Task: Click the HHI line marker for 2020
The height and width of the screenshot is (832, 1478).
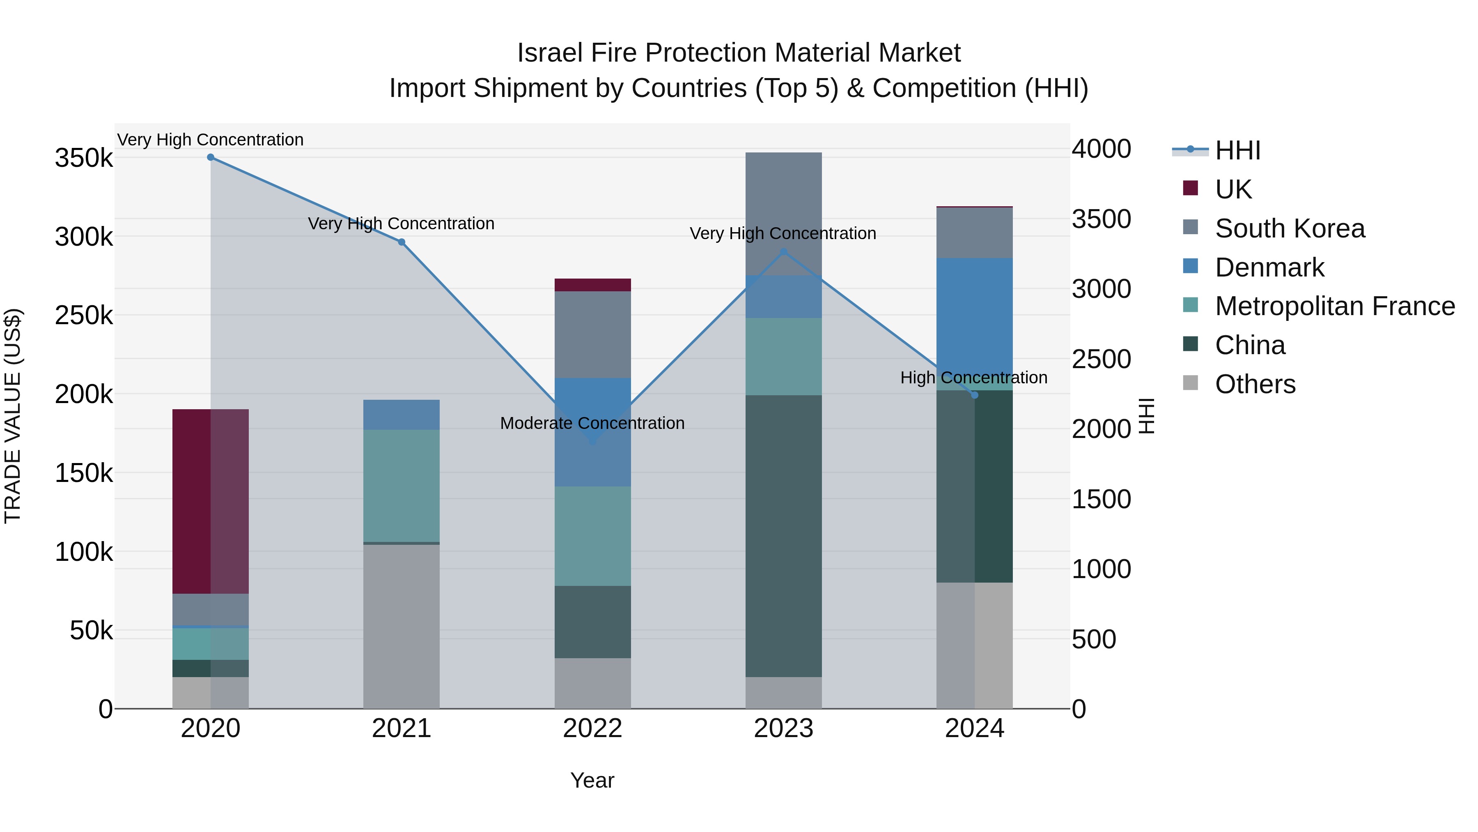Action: point(211,157)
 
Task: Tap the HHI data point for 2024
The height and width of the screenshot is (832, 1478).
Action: point(974,395)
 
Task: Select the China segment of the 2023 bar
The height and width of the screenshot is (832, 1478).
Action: point(783,536)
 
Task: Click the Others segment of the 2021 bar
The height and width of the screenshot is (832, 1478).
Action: point(401,626)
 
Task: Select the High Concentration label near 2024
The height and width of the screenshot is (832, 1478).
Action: point(974,378)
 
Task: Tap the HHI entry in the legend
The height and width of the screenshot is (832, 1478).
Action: point(1237,150)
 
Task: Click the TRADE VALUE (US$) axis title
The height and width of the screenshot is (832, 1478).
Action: point(13,416)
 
